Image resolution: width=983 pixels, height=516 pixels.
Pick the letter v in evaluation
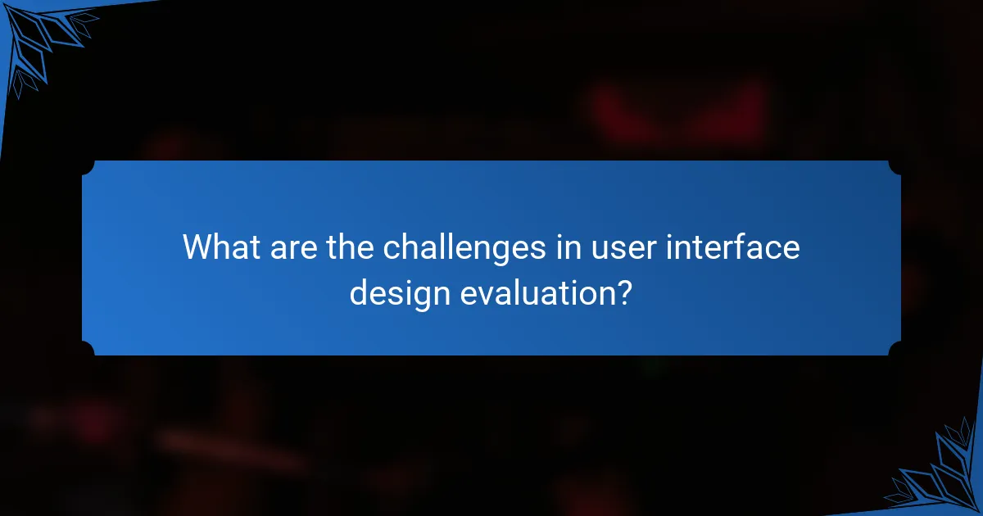click(x=482, y=292)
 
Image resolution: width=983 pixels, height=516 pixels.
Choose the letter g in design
click(x=420, y=295)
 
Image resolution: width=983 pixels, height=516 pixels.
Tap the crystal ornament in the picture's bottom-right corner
click(x=942, y=475)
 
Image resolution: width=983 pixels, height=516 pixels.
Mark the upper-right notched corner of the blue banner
click(x=895, y=167)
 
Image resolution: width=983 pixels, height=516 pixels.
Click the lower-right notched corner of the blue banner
click(x=895, y=349)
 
